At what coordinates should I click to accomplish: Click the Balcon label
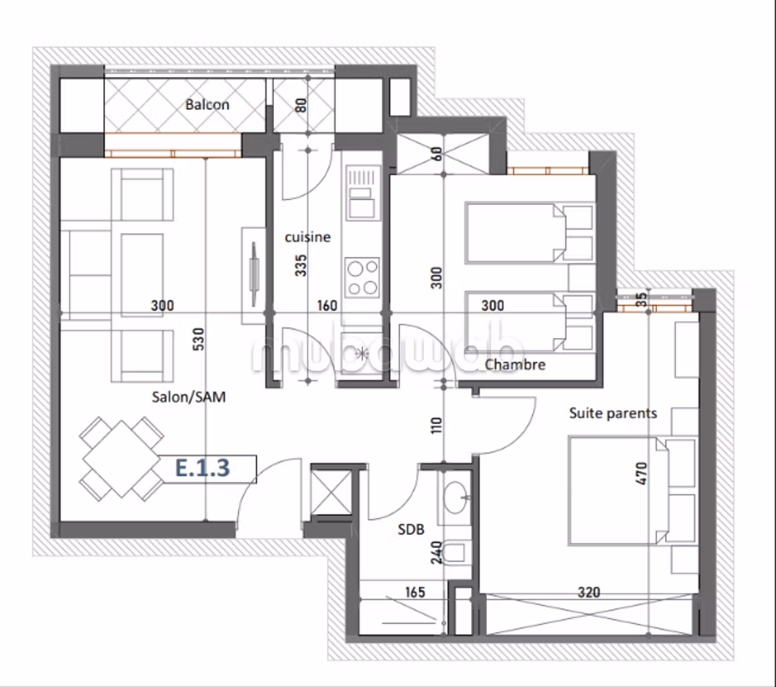(207, 104)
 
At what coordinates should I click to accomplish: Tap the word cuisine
(307, 237)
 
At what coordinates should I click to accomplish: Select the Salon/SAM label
(188, 396)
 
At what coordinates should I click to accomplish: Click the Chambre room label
(515, 365)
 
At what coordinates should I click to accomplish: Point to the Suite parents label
(613, 413)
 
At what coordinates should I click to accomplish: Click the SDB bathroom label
(410, 530)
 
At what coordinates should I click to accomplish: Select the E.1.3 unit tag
(203, 468)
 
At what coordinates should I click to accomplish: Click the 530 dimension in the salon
(198, 339)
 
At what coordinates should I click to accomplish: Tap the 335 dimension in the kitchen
(301, 266)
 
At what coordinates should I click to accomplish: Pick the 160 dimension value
(327, 306)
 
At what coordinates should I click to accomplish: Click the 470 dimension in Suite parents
(641, 473)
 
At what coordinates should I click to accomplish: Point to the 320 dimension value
(589, 592)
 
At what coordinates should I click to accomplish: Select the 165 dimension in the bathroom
(415, 592)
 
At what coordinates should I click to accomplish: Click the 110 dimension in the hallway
(436, 426)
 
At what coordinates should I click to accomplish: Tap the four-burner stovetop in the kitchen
(362, 277)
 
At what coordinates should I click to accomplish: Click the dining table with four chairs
(122, 458)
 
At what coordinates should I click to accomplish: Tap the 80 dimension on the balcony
(301, 105)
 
